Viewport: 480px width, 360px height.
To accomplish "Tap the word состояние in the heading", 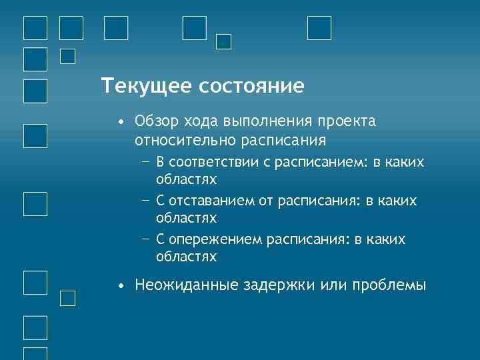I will (247, 87).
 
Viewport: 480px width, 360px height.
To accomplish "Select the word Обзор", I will (155, 123).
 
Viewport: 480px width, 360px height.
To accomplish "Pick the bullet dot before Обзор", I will (119, 123).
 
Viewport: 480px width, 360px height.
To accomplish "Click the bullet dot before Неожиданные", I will (119, 286).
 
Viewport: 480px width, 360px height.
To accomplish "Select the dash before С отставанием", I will (145, 201).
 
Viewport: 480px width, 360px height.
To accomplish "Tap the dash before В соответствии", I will (145, 163).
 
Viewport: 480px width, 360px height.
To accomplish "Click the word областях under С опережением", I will (186, 256).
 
